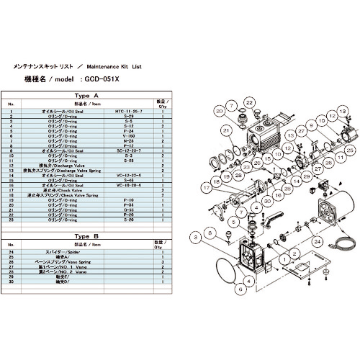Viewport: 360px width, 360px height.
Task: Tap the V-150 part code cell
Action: point(130,134)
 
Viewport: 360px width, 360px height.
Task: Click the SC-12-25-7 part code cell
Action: point(130,150)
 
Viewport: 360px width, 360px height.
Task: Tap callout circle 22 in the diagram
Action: point(249,104)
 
